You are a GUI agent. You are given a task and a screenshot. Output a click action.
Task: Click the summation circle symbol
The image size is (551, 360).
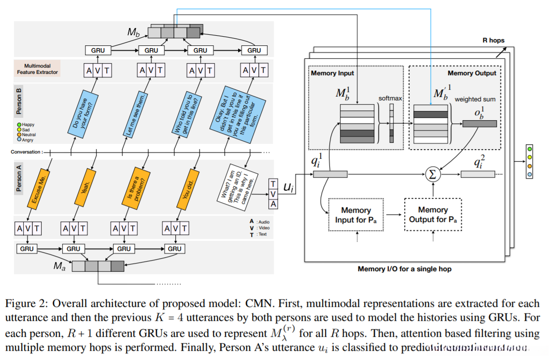[433, 175]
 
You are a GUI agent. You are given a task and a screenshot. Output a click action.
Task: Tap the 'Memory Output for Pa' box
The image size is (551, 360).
[433, 215]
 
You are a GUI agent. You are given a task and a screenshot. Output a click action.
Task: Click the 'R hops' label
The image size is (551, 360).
[494, 41]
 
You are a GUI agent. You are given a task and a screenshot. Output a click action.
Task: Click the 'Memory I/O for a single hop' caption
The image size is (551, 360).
[404, 268]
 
